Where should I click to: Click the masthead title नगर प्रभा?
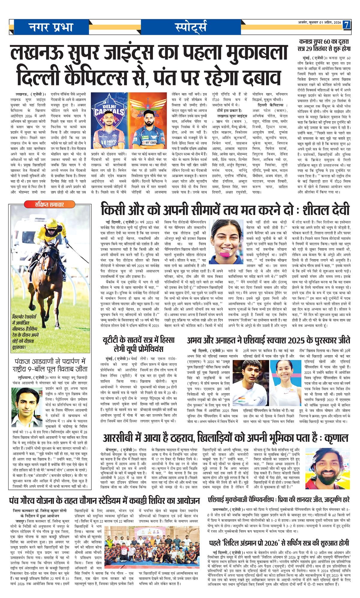[51, 27]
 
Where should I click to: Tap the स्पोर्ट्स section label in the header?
[191, 27]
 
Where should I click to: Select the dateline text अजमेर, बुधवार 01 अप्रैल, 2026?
[318, 23]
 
